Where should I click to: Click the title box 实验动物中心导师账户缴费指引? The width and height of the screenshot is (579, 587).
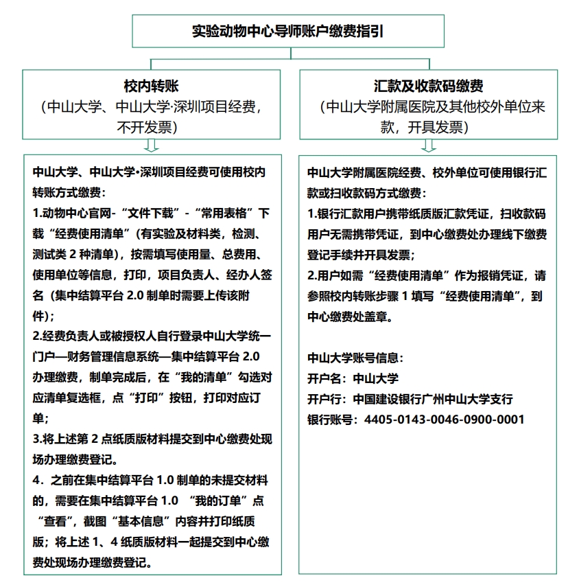(x=287, y=32)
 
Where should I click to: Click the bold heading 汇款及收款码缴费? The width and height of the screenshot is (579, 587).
(x=429, y=87)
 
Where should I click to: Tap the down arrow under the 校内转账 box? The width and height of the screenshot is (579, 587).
(x=152, y=146)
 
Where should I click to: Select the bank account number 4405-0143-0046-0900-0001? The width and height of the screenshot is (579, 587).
(x=445, y=419)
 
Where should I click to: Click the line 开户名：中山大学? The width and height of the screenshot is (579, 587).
(x=353, y=378)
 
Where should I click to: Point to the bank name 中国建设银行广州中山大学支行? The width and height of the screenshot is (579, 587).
(x=433, y=399)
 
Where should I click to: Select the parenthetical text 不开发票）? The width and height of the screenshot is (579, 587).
(x=148, y=127)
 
